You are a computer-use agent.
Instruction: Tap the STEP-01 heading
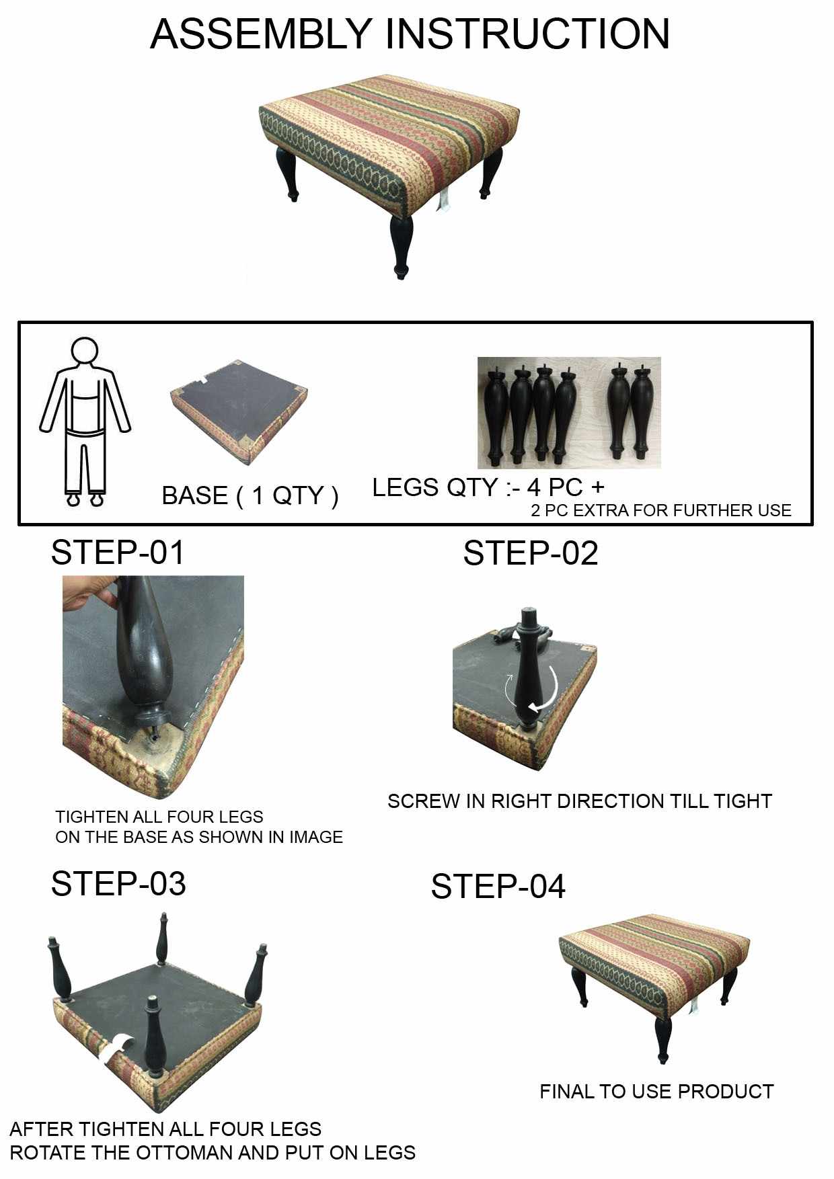point(118,553)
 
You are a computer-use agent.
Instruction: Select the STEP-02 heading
point(530,553)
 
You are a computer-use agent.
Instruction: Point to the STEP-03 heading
point(118,884)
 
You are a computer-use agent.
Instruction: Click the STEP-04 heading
point(498,887)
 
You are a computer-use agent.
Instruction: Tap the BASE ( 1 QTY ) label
point(250,496)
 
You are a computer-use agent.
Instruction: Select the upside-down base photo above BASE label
point(239,411)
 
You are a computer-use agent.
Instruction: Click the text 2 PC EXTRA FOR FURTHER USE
point(660,511)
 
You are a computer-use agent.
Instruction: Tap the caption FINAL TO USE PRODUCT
point(656,1092)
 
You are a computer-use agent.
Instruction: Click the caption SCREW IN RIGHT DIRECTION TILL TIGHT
point(579,801)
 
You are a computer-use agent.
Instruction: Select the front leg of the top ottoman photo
point(402,245)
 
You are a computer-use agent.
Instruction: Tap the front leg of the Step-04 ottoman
point(663,1039)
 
